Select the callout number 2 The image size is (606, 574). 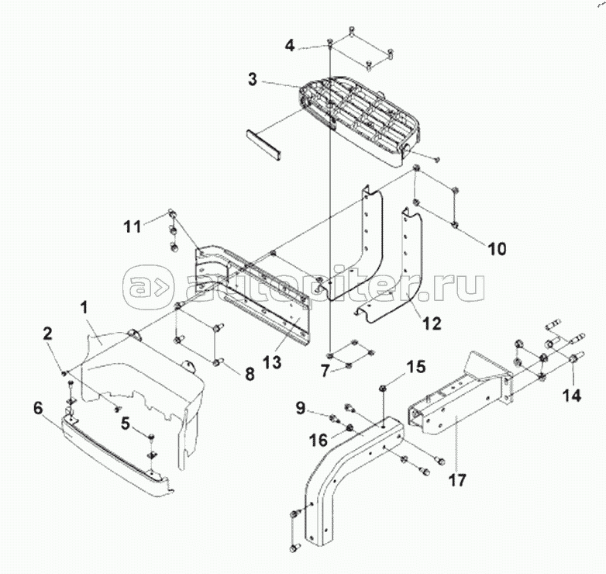48,334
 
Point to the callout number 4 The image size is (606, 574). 289,44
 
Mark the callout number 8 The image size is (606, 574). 249,374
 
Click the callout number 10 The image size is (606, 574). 497,249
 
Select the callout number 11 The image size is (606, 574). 133,226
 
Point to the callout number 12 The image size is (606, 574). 432,322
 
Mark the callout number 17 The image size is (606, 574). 457,479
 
